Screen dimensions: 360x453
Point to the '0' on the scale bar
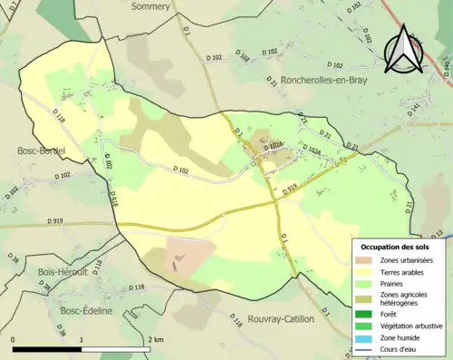coord(14,339)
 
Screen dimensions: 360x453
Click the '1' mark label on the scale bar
coord(82,339)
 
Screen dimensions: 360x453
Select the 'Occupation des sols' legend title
coord(396,246)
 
